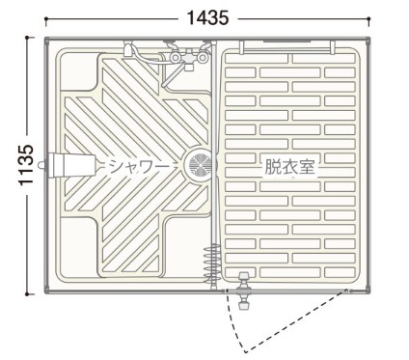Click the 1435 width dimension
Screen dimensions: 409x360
pos(207,18)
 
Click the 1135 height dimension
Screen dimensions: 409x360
pos(26,165)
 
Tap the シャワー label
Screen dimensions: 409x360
pos(139,166)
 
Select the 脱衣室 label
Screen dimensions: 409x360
pos(289,166)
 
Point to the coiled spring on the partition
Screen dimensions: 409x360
pos(213,262)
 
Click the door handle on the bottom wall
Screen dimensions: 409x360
pos(243,291)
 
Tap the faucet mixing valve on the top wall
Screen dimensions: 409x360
pos(189,56)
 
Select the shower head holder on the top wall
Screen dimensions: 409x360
pos(128,49)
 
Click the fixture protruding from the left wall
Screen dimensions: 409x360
pos(68,165)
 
